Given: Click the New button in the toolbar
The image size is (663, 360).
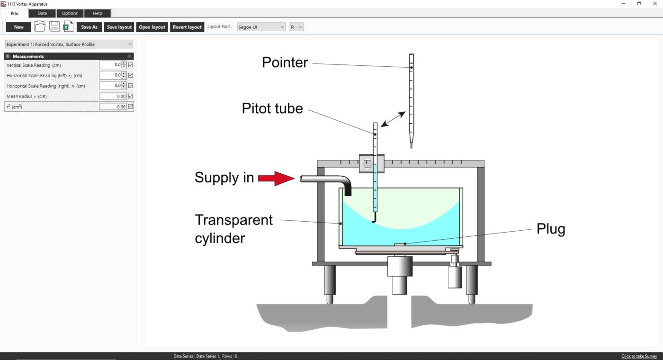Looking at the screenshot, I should pos(18,27).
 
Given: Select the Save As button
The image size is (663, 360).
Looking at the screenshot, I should pos(89,27).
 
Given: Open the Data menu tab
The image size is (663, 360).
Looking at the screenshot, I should pos(42,13).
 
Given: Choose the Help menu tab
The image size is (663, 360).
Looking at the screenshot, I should pos(98,13).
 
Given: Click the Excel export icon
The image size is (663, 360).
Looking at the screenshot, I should pos(68,27).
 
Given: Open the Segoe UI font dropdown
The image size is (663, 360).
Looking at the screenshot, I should pos(261,27).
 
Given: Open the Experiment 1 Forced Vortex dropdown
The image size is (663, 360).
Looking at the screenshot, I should pos(69,45).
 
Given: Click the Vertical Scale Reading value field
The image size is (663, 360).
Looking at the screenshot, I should pos(111,65).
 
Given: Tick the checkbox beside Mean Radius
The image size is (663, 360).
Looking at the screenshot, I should pos(131,96).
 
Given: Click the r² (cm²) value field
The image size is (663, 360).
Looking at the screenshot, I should pos(113,107).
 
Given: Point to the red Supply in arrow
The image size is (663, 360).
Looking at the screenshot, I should pos(277,178).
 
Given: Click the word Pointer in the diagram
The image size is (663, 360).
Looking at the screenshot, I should pos(285,63).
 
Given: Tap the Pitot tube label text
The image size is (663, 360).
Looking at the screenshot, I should pos(272,108).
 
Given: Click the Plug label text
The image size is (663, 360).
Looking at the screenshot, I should pos(551,229).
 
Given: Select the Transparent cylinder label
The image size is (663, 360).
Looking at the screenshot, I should pos(233,229).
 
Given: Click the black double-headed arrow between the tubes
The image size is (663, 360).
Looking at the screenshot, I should pos(393,119).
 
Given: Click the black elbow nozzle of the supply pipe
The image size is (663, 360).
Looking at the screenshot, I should pos(348,188).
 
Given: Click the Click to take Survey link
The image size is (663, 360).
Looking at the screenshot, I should pos(639,356).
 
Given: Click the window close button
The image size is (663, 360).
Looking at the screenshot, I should pos(655,4).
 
